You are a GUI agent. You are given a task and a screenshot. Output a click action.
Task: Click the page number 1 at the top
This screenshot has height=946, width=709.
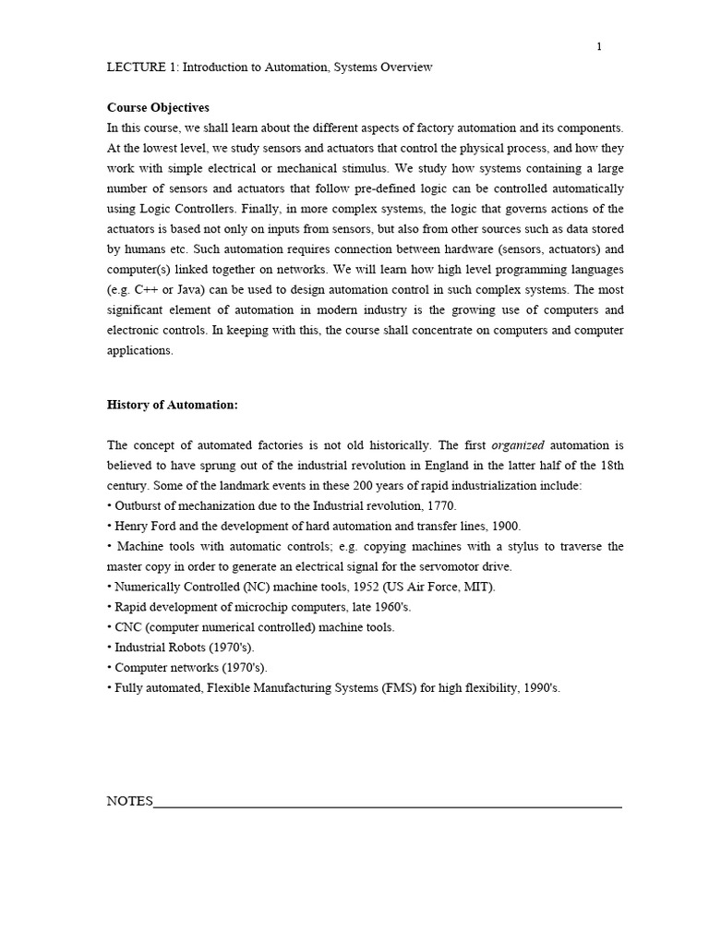point(598,48)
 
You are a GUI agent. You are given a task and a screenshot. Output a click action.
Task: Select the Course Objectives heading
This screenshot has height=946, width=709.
point(158,108)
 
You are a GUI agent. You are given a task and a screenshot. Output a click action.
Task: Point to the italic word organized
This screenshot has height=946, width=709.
point(518,445)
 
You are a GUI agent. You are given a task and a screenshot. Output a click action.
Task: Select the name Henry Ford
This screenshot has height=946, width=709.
point(146,527)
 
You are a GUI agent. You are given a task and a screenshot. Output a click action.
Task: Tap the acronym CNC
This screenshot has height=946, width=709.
point(130,627)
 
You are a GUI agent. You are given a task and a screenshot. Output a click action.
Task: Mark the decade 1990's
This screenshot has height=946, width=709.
point(541,688)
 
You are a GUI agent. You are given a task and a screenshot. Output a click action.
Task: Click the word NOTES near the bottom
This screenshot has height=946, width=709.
point(129,802)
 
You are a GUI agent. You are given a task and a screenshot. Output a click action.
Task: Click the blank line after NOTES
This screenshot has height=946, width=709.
point(388,806)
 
